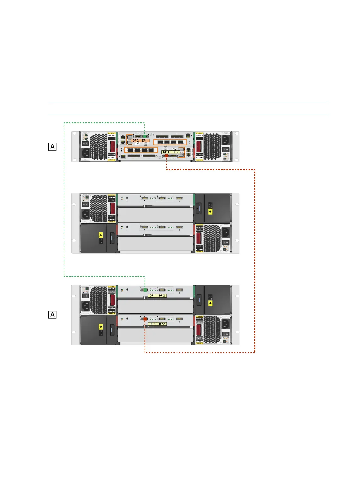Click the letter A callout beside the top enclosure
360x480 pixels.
click(52, 147)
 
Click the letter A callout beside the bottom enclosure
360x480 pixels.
click(52, 315)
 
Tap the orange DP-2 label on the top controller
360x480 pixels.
click(136, 141)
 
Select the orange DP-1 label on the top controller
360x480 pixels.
click(145, 141)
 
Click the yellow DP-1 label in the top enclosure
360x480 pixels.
click(166, 152)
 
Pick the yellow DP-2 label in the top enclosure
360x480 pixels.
click(176, 152)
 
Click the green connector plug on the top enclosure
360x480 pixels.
click(145, 137)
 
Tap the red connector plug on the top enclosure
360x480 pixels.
click(167, 156)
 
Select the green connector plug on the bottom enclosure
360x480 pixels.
click(145, 290)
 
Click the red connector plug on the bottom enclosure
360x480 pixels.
click(145, 319)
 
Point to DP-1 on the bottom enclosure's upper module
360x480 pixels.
click(152, 295)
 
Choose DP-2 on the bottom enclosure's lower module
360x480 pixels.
click(162, 324)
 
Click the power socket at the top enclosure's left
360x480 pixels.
click(85, 154)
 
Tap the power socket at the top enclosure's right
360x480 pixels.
click(225, 140)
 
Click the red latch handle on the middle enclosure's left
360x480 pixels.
click(112, 208)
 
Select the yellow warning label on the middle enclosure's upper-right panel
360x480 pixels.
click(210, 212)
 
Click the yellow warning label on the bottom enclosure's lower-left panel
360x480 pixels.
click(101, 327)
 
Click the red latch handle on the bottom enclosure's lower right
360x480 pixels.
click(199, 330)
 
